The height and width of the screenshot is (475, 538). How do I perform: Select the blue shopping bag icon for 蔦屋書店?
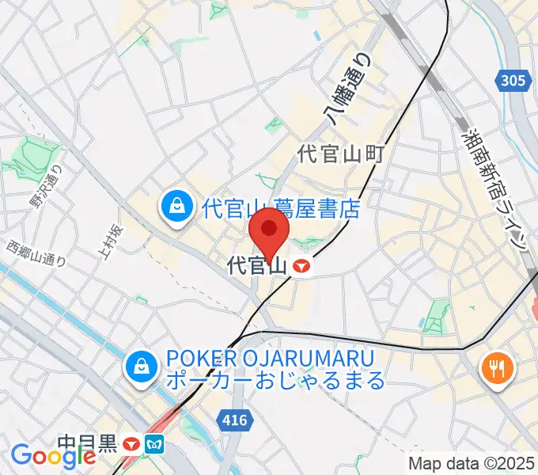click(x=175, y=207)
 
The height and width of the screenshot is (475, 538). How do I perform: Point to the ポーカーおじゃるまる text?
click(x=275, y=380)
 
